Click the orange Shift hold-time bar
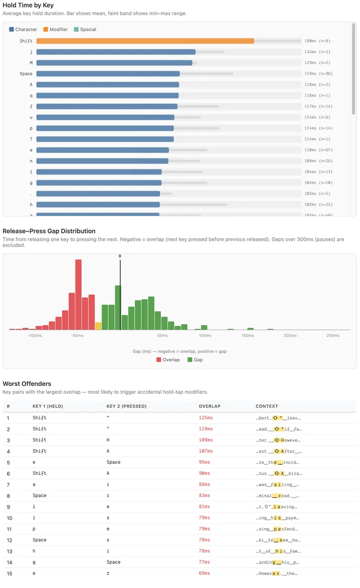tap(145, 41)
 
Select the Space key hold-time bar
tap(107, 74)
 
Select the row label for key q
tap(31, 96)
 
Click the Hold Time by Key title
tap(28, 5)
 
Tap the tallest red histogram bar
tap(78, 294)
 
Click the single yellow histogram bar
tap(98, 326)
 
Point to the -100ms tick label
tap(34, 336)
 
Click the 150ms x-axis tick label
tap(248, 336)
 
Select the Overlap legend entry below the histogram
tap(168, 360)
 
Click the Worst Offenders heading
tap(27, 384)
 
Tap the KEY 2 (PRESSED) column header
tap(126, 406)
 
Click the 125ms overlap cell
tap(205, 418)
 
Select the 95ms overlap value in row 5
tap(204, 462)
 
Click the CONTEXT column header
tap(266, 406)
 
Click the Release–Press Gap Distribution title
tap(49, 231)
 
